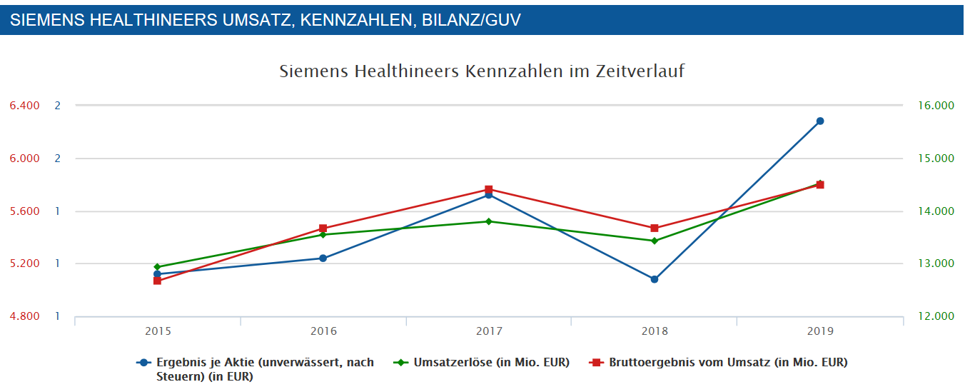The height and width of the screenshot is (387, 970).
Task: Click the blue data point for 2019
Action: [820, 121]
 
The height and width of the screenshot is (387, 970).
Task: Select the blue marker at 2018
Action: [655, 279]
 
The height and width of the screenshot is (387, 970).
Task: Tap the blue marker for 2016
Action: [323, 258]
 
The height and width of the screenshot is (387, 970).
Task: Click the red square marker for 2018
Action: [655, 228]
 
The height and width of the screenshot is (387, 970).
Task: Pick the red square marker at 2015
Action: [157, 281]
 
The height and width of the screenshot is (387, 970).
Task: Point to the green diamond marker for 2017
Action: [489, 221]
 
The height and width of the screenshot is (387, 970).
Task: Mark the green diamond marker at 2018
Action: [655, 241]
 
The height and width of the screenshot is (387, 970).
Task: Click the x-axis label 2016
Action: [323, 331]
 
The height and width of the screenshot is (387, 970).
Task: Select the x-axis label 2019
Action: [820, 331]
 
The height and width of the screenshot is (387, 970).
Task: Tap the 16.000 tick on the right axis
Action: [934, 106]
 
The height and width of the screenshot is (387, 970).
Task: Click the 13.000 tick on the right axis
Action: [934, 263]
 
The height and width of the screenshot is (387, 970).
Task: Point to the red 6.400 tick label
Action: [25, 106]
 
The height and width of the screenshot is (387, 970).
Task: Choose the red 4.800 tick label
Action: [25, 316]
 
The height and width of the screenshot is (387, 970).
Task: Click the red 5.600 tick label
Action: [25, 211]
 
